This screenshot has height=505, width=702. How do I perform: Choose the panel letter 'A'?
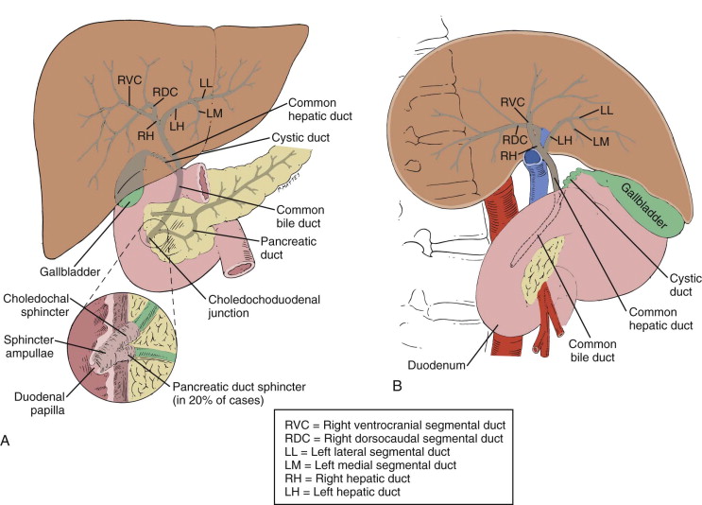pyautogui.click(x=9, y=440)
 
